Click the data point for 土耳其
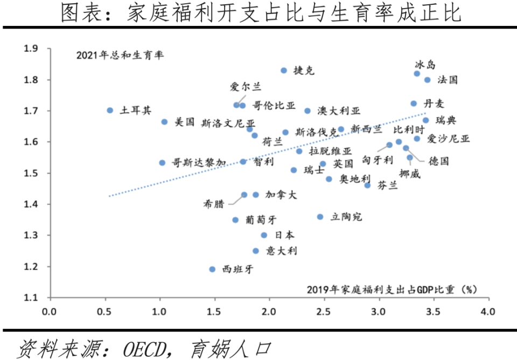pos(110,110)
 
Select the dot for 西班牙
pos(212,269)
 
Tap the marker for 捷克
pos(284,71)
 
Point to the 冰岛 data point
pos(417,73)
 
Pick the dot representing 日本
pos(264,235)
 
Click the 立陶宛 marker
pos(320,217)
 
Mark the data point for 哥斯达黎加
pos(162,162)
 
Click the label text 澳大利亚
pos(339,111)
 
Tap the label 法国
pos(448,80)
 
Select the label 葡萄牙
pos(261,220)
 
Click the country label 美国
pos(185,122)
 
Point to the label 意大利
pos(282,251)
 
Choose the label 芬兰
pos(387,185)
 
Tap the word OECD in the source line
pos(146,349)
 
